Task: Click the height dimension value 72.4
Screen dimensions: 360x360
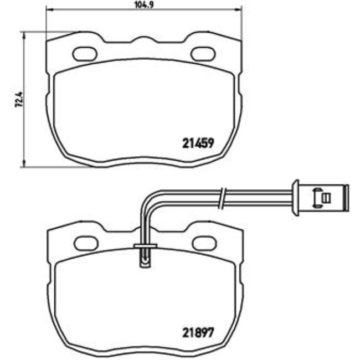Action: pos(18,100)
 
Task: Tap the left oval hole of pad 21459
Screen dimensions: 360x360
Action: pos(84,54)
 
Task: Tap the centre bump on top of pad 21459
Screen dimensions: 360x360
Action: pos(143,40)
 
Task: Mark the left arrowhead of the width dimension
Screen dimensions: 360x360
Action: pos(48,10)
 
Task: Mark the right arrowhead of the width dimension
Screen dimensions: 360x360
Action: pos(239,10)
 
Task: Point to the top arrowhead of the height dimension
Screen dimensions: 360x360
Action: pos(24,34)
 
